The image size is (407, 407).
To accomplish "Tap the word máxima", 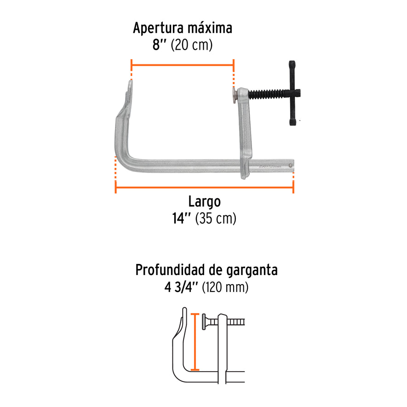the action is [x=210, y=28].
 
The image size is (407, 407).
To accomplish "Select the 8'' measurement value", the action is [x=159, y=45].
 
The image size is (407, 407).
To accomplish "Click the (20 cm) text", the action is [x=192, y=45].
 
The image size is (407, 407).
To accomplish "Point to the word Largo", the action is [x=205, y=202].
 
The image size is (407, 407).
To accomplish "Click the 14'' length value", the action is [x=182, y=218].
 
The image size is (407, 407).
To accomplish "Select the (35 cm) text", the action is [x=216, y=218].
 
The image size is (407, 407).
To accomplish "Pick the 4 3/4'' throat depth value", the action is [x=181, y=287].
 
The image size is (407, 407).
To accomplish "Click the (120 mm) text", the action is [x=225, y=287].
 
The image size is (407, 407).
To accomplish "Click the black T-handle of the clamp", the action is [x=292, y=93].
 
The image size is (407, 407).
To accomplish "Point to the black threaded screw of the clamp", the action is [x=269, y=94].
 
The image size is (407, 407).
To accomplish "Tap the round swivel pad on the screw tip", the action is [x=234, y=95].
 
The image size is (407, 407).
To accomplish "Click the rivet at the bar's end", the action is [x=291, y=166].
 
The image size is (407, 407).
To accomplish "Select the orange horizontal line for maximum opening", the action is [x=183, y=65].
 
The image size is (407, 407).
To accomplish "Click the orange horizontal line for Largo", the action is [x=204, y=187].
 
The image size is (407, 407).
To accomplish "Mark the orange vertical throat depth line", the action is [x=195, y=342].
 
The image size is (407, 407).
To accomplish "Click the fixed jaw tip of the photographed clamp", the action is [x=130, y=84].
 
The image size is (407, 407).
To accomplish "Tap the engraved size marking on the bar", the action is [x=269, y=166].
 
